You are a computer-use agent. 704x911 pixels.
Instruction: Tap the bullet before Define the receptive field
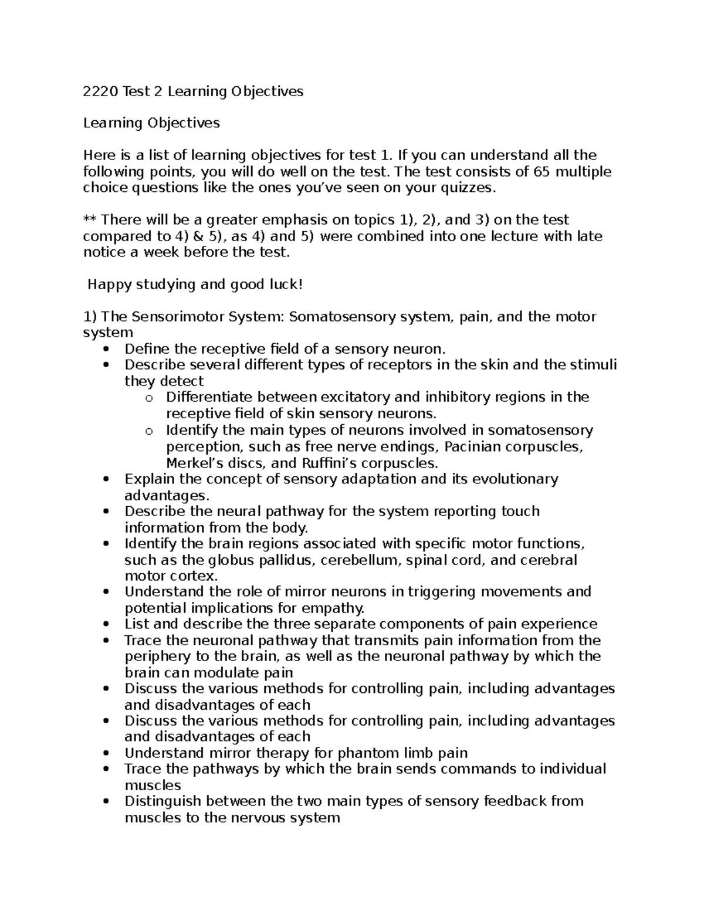point(106,350)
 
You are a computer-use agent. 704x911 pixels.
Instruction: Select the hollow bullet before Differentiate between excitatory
point(148,398)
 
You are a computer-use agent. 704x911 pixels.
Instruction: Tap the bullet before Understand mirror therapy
point(106,754)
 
